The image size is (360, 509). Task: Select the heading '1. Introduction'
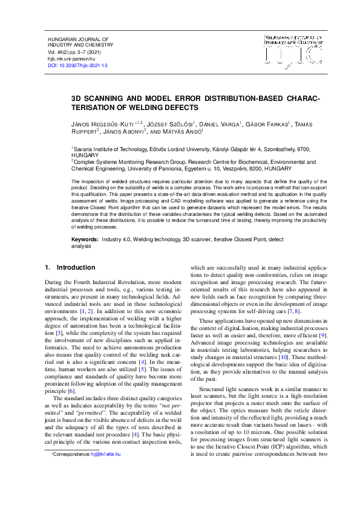click(x=70, y=267)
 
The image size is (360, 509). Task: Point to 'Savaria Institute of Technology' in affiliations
click(x=112, y=148)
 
